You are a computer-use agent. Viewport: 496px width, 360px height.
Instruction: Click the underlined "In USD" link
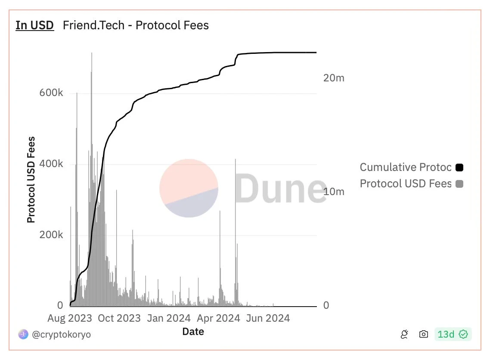coord(34,25)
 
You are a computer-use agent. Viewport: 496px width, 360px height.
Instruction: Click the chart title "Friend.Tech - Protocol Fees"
coord(136,25)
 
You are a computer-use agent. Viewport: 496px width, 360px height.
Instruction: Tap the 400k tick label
coord(51,164)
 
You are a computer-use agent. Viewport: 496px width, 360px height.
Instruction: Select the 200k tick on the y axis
coord(51,235)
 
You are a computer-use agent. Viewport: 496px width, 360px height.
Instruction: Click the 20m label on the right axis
coord(334,78)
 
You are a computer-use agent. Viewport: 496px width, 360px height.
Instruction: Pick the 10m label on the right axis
coord(334,192)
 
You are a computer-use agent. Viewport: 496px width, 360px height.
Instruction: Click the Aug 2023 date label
coord(69,318)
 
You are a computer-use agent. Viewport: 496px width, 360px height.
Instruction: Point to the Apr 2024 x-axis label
coord(218,318)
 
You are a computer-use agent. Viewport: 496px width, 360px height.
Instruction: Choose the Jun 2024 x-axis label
coord(268,318)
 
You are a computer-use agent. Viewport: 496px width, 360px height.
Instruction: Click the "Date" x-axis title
coord(193,332)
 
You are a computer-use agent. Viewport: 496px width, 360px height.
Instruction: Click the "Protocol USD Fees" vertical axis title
coord(31,180)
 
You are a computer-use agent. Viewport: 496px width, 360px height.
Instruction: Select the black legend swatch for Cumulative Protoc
coord(459,168)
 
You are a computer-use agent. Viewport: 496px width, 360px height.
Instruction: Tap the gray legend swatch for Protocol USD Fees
coord(459,184)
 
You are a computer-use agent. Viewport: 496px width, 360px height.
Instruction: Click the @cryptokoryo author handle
coord(62,334)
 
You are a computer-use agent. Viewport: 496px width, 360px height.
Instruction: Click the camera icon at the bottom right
coord(424,334)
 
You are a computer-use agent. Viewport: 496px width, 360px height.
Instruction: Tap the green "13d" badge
coord(453,334)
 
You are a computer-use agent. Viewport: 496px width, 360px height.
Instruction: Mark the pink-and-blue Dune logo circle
coord(189,188)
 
